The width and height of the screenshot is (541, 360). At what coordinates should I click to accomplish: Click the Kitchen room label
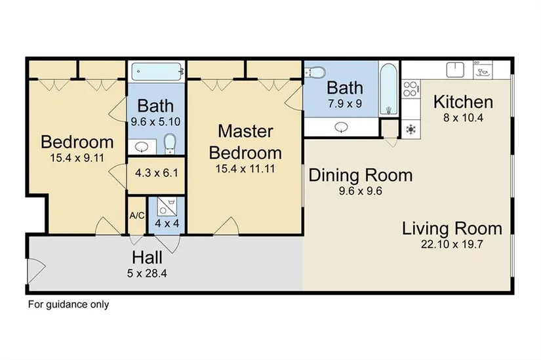[463, 102]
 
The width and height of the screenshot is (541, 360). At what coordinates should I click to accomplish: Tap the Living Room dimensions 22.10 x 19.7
[452, 245]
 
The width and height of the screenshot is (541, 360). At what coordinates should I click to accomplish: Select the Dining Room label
[360, 175]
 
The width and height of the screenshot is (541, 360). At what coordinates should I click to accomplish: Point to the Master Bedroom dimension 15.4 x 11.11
[245, 169]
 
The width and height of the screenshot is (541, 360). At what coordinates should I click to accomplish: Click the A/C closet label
[137, 216]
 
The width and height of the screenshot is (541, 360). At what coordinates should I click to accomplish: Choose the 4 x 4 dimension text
[167, 224]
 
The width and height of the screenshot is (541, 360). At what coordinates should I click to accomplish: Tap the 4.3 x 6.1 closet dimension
[157, 172]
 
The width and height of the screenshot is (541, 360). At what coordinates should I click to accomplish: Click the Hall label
[147, 258]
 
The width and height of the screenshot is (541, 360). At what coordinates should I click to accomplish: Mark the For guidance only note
[68, 304]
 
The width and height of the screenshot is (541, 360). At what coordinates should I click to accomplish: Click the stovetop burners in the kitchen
[411, 89]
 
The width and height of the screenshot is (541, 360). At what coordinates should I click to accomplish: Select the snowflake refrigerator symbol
[411, 129]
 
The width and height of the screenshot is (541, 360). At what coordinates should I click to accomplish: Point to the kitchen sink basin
[456, 70]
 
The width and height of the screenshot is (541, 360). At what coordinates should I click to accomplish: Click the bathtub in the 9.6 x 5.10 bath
[156, 71]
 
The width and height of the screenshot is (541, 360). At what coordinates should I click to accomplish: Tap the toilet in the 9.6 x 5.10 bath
[169, 144]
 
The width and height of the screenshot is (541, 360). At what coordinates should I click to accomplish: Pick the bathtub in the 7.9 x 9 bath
[388, 89]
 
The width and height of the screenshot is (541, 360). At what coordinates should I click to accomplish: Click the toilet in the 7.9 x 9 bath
[315, 73]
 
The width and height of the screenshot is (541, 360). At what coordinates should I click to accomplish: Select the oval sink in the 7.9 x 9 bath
[342, 127]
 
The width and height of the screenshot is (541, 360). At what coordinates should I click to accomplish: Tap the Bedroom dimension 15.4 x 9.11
[77, 158]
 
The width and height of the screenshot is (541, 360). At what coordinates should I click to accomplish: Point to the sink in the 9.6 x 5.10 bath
[142, 148]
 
